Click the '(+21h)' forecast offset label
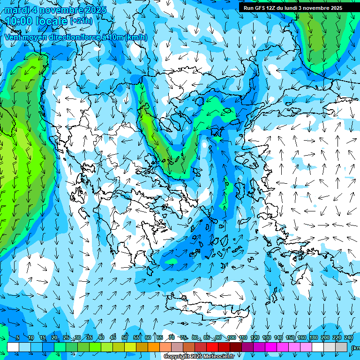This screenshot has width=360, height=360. pyautogui.click(x=81, y=21)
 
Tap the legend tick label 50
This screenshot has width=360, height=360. pyautogui.click(x=125, y=337)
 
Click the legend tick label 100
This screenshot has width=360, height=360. pyautogui.click(x=231, y=337)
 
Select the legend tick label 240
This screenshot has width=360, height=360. pyautogui.click(x=348, y=337)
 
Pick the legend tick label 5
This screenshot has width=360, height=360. pyautogui.click(x=18, y=337)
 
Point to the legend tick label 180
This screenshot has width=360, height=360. pyautogui.click(x=313, y=337)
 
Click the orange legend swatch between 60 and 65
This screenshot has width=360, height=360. pyautogui.click(x=154, y=346)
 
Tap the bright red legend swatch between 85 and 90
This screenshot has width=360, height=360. pyautogui.click(x=212, y=346)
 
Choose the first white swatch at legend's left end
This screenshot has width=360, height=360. pyautogui.click(x=13, y=346)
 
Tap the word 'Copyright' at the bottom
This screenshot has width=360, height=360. pyautogui.click(x=176, y=357)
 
